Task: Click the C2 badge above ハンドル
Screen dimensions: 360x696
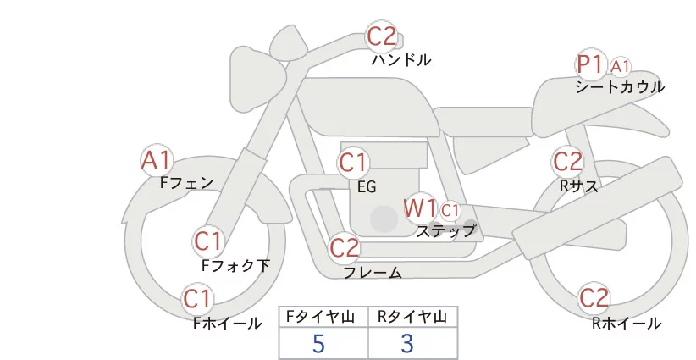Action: click(x=381, y=37)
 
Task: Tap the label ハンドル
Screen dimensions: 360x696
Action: click(x=401, y=60)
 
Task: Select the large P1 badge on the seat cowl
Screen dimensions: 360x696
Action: click(x=590, y=64)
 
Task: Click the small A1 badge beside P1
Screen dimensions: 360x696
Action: click(x=621, y=65)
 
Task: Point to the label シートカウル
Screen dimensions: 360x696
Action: click(x=619, y=86)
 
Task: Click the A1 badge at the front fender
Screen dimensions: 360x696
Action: click(x=156, y=159)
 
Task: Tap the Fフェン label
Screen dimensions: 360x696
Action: click(x=186, y=181)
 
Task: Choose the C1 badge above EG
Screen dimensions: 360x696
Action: click(x=353, y=163)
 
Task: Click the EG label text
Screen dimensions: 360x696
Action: click(x=367, y=186)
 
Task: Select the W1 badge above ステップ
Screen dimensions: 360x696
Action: click(x=420, y=208)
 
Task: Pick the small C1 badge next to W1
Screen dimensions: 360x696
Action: click(x=450, y=209)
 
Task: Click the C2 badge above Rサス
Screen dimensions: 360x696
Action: click(x=567, y=162)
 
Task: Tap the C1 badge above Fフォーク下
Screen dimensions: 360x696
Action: click(x=207, y=241)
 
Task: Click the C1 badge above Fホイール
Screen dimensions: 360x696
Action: click(x=198, y=298)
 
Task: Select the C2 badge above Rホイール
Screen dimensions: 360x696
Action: click(x=594, y=298)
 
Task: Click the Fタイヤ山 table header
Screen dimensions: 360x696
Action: click(x=323, y=317)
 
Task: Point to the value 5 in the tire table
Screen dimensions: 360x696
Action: click(x=318, y=344)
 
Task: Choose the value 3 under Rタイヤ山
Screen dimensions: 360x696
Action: click(x=407, y=344)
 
